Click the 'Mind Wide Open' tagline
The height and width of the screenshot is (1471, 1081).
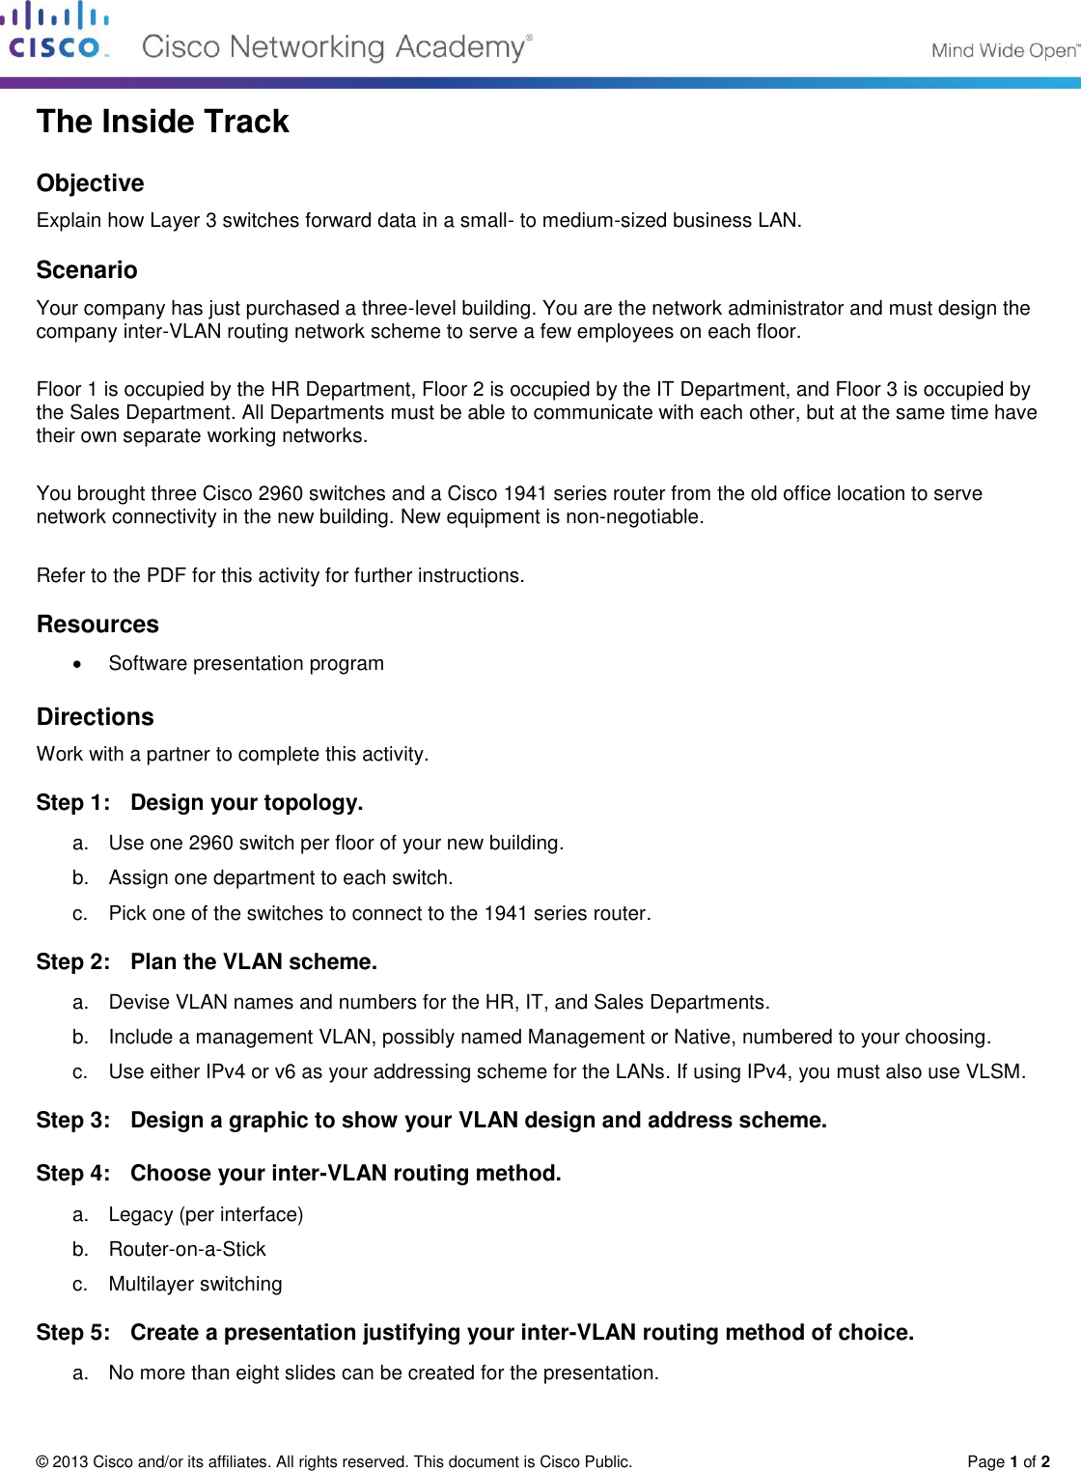point(1004,50)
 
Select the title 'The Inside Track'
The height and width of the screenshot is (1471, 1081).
point(162,122)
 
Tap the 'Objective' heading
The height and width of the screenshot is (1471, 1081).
point(90,183)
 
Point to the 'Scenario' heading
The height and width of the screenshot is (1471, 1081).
point(87,270)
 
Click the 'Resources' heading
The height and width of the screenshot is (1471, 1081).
point(97,624)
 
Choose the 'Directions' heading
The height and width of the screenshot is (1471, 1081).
point(95,717)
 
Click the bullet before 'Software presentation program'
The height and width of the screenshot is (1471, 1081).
point(78,664)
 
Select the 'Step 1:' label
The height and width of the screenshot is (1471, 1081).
point(72,803)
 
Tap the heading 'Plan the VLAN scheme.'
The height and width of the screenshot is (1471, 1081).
point(253,962)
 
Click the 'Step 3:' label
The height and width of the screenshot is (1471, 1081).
point(72,1121)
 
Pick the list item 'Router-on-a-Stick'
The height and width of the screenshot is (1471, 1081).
point(187,1249)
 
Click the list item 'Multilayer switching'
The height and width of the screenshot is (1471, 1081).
point(195,1284)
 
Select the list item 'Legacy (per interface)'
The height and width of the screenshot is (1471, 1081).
point(206,1214)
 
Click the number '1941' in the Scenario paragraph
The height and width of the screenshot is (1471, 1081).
point(524,493)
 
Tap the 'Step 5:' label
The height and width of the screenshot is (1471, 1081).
point(72,1333)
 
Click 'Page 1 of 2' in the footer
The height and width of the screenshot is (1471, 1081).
point(1008,1461)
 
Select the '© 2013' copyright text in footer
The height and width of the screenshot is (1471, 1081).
point(60,1461)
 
